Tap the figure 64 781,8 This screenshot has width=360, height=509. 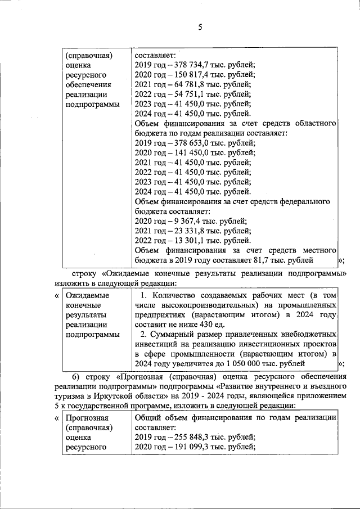tap(188, 85)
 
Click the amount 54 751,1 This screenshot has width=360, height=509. tap(188, 94)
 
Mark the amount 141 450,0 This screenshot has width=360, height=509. tap(190, 153)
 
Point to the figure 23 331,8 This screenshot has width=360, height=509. tap(188, 231)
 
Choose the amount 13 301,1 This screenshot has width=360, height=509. tap(188, 241)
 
